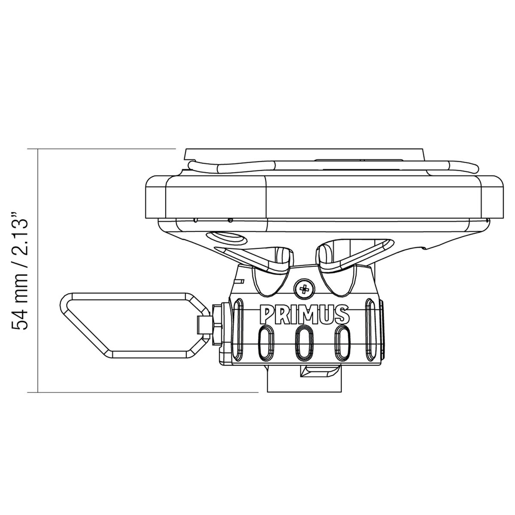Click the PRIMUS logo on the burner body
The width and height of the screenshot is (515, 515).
[305, 315]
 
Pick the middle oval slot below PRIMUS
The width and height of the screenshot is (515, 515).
[304, 342]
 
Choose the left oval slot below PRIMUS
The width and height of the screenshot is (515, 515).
[266, 342]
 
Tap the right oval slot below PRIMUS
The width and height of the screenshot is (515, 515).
[342, 342]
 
